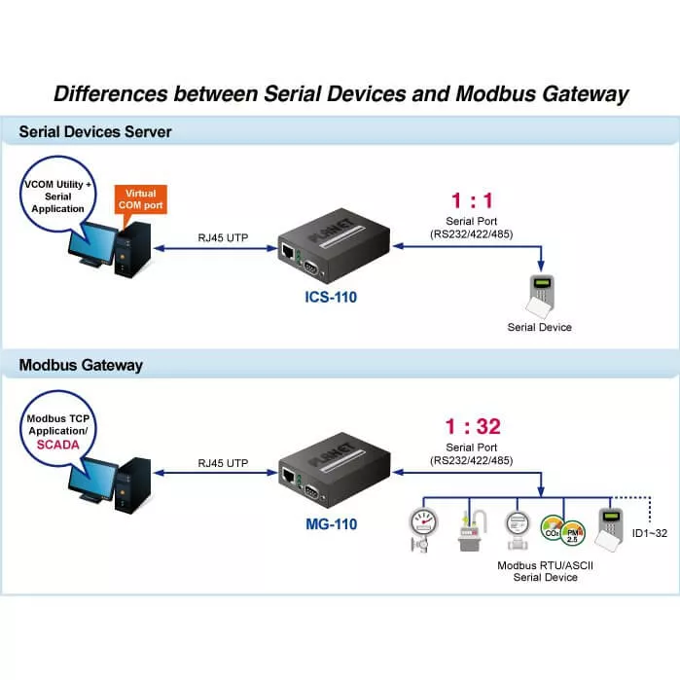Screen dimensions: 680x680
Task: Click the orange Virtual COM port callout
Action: pos(139,199)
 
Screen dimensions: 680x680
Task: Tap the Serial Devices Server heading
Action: pos(95,131)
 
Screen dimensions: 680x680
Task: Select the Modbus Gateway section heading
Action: pos(81,365)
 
